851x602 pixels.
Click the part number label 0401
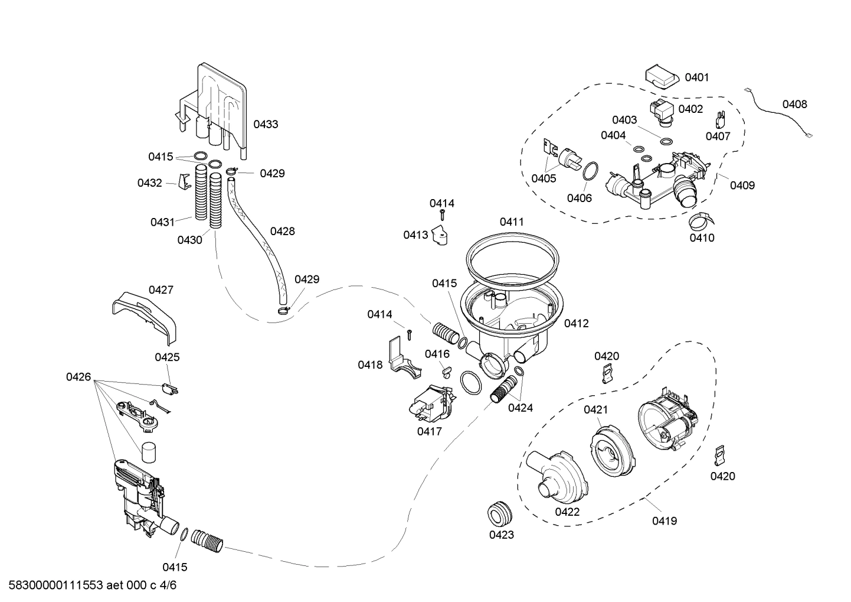696,77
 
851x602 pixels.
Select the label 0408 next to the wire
794,105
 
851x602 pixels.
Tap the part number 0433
266,124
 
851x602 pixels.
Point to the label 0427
161,289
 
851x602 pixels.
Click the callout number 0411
512,222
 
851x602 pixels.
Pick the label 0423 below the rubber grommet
501,535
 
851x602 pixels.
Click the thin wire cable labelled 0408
779,115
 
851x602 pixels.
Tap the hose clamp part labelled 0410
700,221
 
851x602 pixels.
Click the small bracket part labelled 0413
440,236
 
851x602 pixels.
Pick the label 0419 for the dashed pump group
665,520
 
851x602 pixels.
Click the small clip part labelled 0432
184,183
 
